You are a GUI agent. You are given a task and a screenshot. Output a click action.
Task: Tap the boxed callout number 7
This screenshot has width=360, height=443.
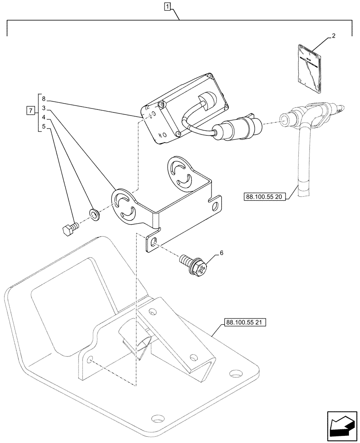pos(29,110)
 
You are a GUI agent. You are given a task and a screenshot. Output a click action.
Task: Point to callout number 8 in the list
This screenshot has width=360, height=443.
pos(44,100)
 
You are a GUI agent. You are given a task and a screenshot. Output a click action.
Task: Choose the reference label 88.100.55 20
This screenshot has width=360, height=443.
pos(265,196)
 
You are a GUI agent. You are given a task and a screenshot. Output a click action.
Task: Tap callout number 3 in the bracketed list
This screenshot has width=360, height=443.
pos(44,108)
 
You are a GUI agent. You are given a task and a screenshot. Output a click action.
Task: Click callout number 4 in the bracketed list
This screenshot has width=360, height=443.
pos(44,118)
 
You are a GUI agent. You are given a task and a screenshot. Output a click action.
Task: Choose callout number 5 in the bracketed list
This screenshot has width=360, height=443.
pos(44,127)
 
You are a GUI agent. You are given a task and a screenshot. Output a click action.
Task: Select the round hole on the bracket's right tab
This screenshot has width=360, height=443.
pos(216,206)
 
